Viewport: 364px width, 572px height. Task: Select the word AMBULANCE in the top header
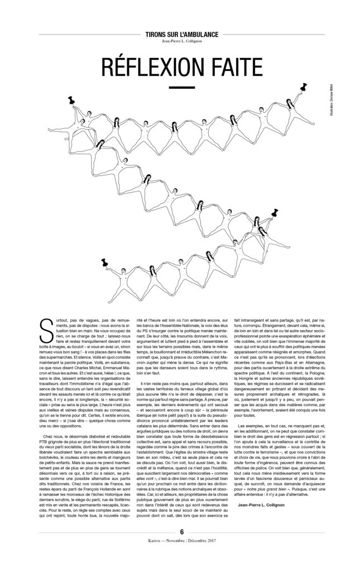pos(195,34)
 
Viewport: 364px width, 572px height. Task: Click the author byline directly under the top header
pos(181,42)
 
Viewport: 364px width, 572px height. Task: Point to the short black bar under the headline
pos(181,87)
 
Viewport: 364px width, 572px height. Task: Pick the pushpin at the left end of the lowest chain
pos(104,261)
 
